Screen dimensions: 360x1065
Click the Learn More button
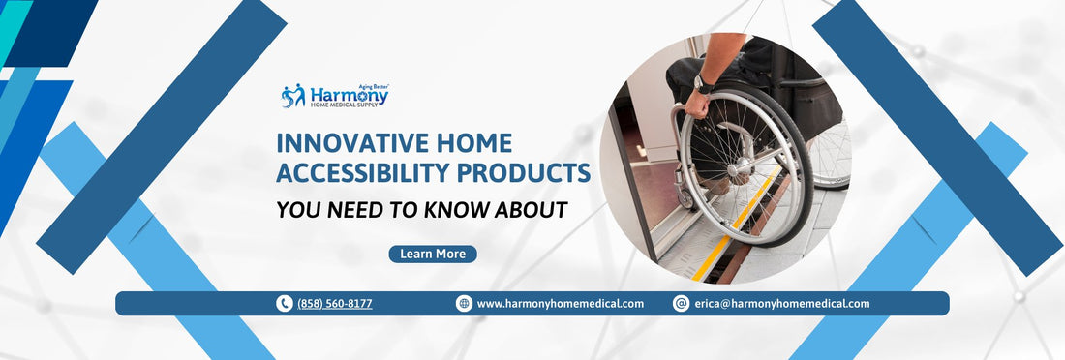click(x=433, y=254)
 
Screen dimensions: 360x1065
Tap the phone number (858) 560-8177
click(x=334, y=304)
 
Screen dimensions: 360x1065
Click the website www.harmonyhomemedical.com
click(x=560, y=304)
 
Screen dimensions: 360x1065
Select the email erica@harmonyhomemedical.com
click(x=781, y=304)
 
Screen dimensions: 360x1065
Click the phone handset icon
click(x=285, y=304)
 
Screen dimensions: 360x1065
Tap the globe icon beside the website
click(x=464, y=304)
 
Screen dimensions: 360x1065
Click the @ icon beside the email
click(x=681, y=304)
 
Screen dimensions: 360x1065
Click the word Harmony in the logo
click(x=349, y=96)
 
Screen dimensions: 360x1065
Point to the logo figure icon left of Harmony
click(x=292, y=96)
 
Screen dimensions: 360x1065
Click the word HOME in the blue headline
click(x=474, y=143)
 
